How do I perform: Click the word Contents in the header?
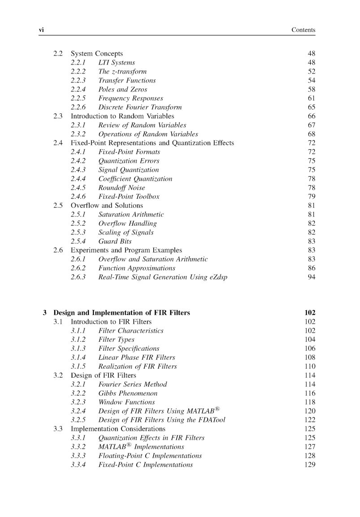[x=304, y=30]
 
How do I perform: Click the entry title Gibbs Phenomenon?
[x=128, y=393]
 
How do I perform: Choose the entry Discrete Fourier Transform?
[x=140, y=107]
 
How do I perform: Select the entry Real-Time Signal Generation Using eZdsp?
[x=162, y=277]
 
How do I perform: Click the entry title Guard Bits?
[x=115, y=241]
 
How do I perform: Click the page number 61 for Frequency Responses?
[x=312, y=98]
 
